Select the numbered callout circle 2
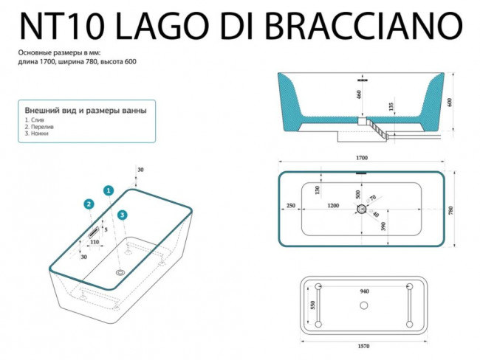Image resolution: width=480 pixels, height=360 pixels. click(89, 204)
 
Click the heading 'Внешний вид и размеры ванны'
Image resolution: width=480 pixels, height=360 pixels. click(85, 110)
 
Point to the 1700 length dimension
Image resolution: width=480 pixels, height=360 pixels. click(362, 158)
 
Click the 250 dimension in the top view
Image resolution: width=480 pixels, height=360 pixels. click(290, 207)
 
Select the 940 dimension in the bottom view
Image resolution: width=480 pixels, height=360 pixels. click(364, 291)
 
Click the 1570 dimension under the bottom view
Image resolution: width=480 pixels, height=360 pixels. click(363, 343)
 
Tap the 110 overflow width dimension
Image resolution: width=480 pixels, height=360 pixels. click(95, 242)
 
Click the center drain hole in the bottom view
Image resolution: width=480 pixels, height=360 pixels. click(363, 305)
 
